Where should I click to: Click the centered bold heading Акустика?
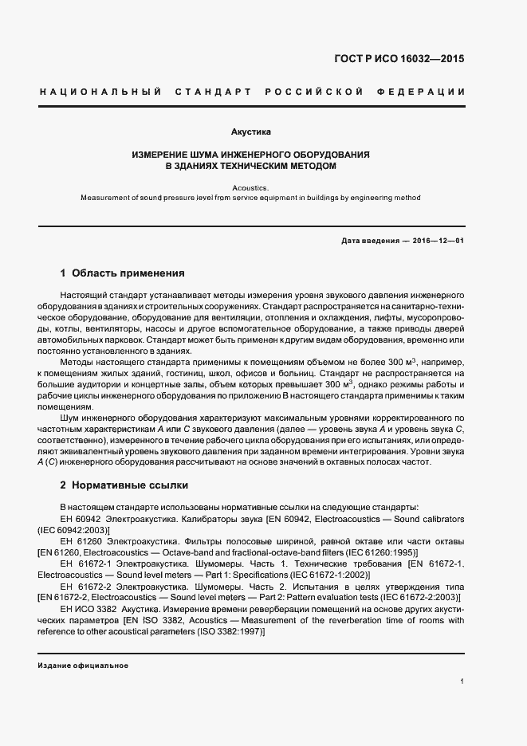coord(251,130)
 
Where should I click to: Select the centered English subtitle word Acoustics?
coord(251,186)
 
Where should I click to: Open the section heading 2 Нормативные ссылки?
coord(125,485)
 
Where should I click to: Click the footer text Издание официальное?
coord(83,666)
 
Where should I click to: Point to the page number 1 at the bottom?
coord(462,681)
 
